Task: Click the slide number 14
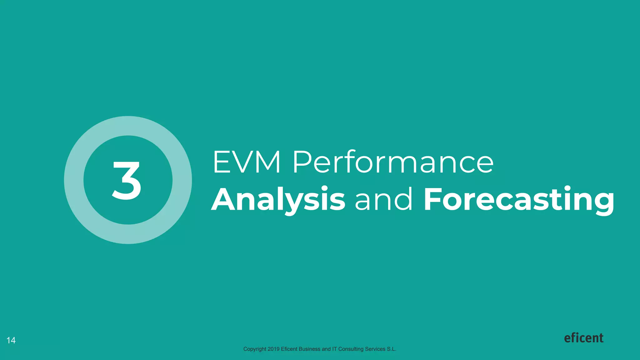(11, 340)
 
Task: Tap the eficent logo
(583, 338)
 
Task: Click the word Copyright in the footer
(255, 349)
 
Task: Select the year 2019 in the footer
(273, 349)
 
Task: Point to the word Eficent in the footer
(289, 349)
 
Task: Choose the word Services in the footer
(375, 349)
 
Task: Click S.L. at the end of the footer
(391, 349)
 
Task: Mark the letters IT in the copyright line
(334, 349)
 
